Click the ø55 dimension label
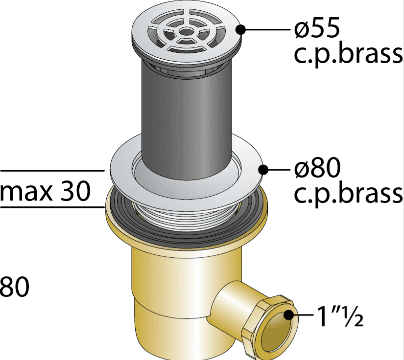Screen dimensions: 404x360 (x=317, y=28)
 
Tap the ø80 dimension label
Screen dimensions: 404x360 (x=317, y=168)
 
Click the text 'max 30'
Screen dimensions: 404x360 (x=45, y=191)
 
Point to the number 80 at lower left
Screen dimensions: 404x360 (x=14, y=287)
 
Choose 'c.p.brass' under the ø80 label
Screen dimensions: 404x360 (x=348, y=194)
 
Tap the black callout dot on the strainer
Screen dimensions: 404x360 (x=240, y=29)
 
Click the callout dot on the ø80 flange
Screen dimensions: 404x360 (x=263, y=170)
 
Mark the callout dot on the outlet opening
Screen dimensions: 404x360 (x=288, y=315)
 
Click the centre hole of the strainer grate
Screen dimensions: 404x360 (x=186, y=32)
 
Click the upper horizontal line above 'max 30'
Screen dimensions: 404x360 (x=52, y=170)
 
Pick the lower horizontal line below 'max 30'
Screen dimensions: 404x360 (x=52, y=206)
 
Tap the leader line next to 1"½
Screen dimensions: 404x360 (x=304, y=315)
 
